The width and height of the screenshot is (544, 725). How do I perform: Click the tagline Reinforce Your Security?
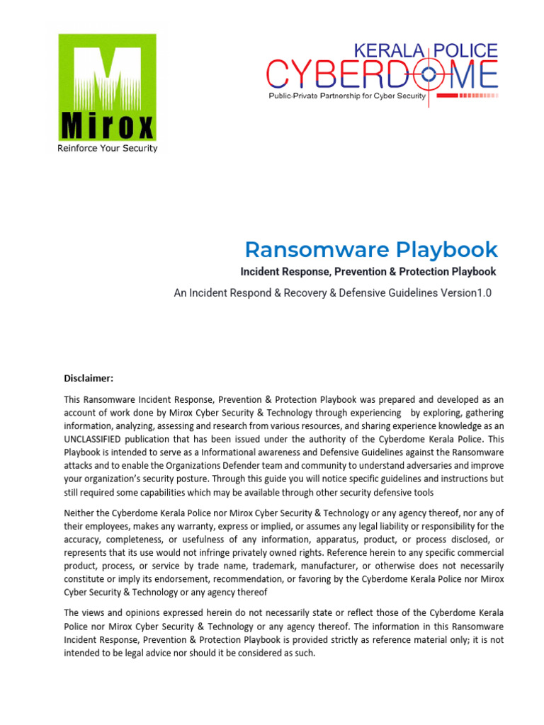(x=107, y=149)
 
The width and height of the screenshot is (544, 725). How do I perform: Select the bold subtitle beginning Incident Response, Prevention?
(x=368, y=272)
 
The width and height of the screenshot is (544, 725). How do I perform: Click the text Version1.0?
(x=463, y=293)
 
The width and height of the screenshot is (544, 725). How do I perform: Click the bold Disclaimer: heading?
(x=89, y=378)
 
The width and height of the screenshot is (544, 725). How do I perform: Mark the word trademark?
(x=273, y=566)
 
